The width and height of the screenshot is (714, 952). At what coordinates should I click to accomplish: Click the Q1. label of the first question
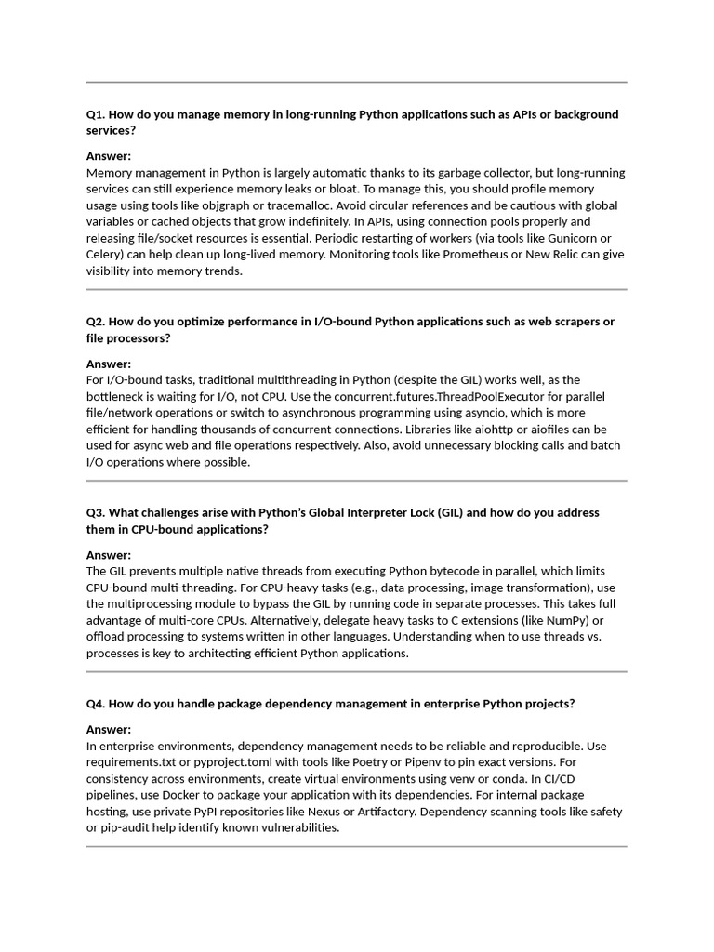[96, 114]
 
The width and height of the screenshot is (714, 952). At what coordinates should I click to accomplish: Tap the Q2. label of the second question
[96, 322]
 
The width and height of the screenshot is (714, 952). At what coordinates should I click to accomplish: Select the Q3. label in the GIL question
[96, 512]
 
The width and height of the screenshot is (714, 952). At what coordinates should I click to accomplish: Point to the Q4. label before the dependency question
[96, 704]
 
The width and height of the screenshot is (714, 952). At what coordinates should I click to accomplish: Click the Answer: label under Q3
[109, 555]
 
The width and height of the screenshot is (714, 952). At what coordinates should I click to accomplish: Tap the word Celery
[106, 255]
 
